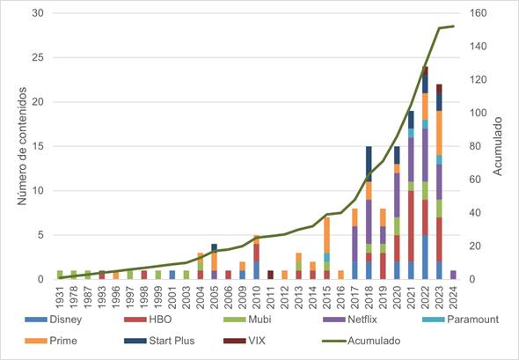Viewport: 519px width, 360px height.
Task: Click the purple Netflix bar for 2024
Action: [452, 275]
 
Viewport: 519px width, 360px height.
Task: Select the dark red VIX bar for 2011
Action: [270, 275]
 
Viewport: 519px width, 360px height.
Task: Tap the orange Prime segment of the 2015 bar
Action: [326, 235]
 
